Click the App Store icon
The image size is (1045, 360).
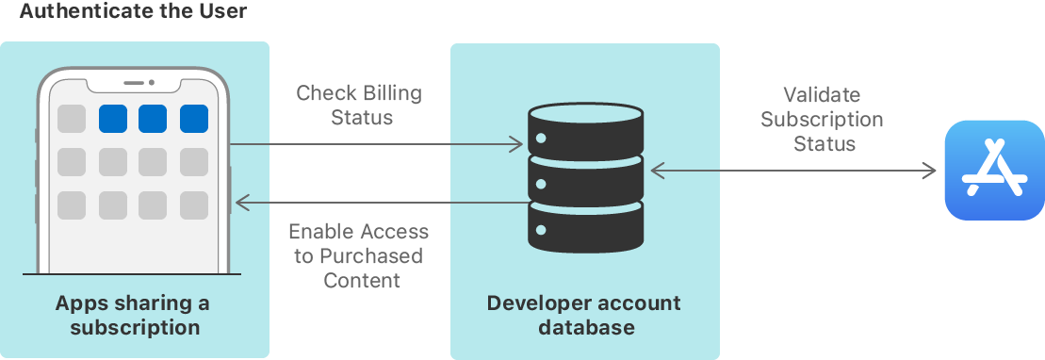pos(994,171)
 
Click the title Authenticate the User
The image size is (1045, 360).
pos(133,12)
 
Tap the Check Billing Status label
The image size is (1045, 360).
pos(359,106)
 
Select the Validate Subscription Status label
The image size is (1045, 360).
pos(822,120)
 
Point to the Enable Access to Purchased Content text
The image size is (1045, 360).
pos(359,256)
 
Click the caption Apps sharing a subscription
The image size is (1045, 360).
pos(133,316)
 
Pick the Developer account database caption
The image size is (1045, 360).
pos(584,316)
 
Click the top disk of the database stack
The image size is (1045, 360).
pos(585,133)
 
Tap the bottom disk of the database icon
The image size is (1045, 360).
pos(585,227)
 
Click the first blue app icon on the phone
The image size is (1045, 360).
pos(113,119)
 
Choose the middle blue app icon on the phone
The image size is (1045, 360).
pos(153,119)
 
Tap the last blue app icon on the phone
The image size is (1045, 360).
pos(193,119)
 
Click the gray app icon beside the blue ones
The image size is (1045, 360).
pos(72,119)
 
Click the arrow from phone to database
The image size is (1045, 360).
pos(377,144)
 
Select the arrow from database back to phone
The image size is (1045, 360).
pos(377,202)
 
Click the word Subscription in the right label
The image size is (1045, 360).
pos(822,120)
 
